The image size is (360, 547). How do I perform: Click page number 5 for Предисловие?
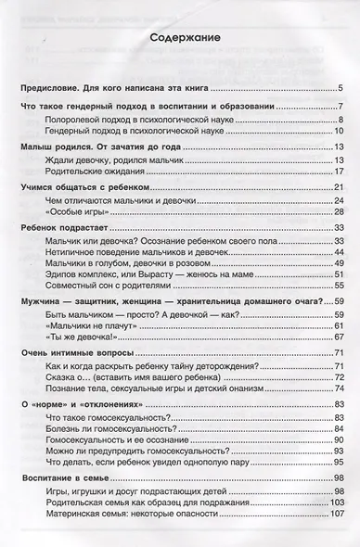point(341,88)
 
